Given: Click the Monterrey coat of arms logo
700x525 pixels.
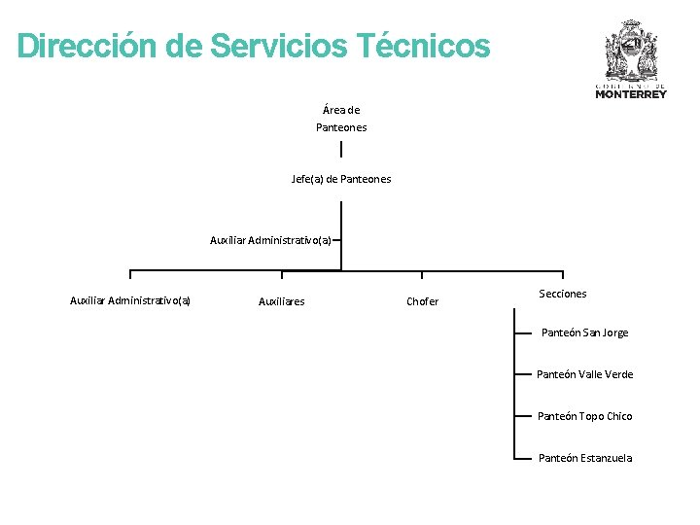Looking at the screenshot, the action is [x=631, y=50].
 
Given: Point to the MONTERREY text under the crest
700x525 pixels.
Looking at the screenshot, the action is [x=631, y=94].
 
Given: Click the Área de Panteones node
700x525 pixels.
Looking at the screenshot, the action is [x=341, y=119].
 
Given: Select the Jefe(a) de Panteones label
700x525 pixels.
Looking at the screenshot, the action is [x=341, y=179].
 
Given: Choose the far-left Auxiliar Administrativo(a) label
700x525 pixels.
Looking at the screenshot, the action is [x=130, y=301].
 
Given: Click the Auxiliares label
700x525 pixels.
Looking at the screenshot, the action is [x=281, y=301].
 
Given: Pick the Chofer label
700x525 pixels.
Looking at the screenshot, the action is [x=422, y=301].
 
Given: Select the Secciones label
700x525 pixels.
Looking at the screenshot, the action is [x=563, y=294].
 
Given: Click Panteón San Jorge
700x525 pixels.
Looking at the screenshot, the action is [x=584, y=332].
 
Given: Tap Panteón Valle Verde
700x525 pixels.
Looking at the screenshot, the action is [x=584, y=374].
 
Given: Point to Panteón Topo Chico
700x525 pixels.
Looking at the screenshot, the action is [x=584, y=416].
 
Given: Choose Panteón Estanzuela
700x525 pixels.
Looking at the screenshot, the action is [x=584, y=458].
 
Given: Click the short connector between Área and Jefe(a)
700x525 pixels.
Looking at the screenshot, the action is [x=341, y=149].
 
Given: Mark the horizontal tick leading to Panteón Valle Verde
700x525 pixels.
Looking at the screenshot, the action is [x=521, y=374].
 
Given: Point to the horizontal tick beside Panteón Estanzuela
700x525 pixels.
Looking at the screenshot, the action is [x=521, y=458].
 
